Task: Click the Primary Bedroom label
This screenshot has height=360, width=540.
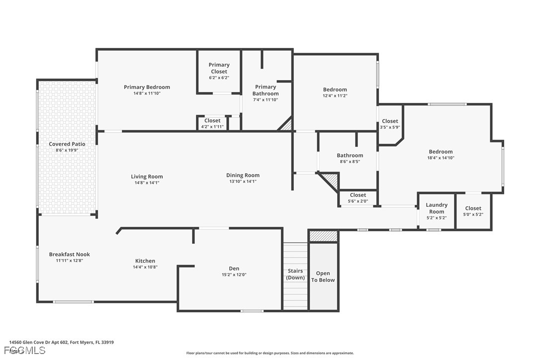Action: [x=147, y=87]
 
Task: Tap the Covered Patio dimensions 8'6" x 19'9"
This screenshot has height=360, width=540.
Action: [x=67, y=150]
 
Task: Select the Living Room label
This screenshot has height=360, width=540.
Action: [x=147, y=177]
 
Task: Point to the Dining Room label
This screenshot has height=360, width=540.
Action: [x=243, y=176]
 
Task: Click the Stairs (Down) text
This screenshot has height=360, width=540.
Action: [x=295, y=274]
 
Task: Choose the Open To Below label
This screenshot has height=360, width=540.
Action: [x=323, y=276]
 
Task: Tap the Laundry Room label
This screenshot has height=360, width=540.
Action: [x=437, y=208]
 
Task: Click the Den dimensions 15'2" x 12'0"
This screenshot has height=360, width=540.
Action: [x=234, y=275]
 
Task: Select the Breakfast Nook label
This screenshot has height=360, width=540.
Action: [x=69, y=254]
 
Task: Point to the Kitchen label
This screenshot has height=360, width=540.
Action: [x=145, y=261]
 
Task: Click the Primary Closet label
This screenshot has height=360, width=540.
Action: [x=219, y=68]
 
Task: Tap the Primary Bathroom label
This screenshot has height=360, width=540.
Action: [x=266, y=90]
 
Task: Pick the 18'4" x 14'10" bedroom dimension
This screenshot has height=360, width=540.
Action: [x=441, y=158]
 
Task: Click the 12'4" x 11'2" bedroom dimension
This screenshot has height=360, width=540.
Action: [x=335, y=96]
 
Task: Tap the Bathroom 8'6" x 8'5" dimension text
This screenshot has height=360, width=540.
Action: [x=350, y=162]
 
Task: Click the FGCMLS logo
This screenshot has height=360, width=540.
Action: [x=25, y=351]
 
